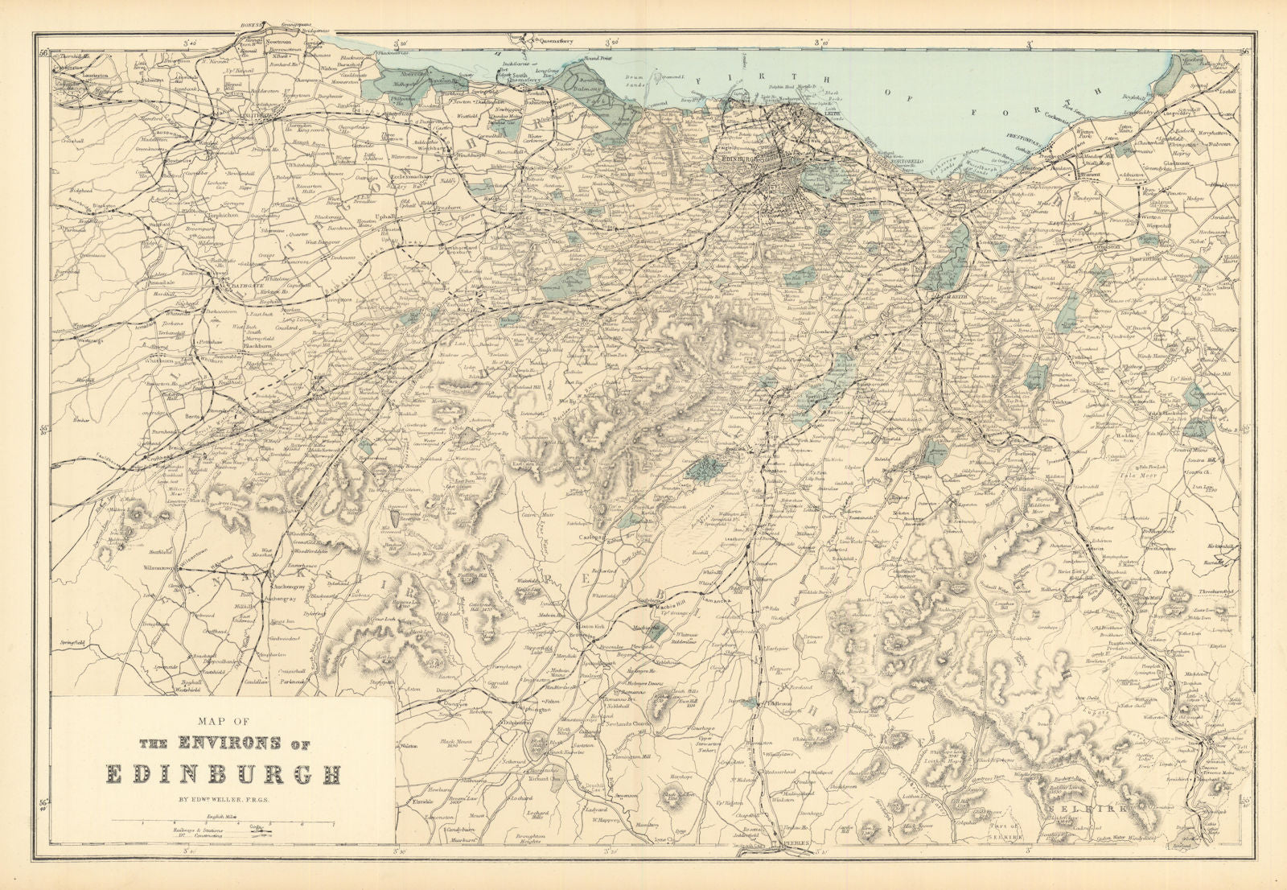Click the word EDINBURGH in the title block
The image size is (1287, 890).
pos(224,774)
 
